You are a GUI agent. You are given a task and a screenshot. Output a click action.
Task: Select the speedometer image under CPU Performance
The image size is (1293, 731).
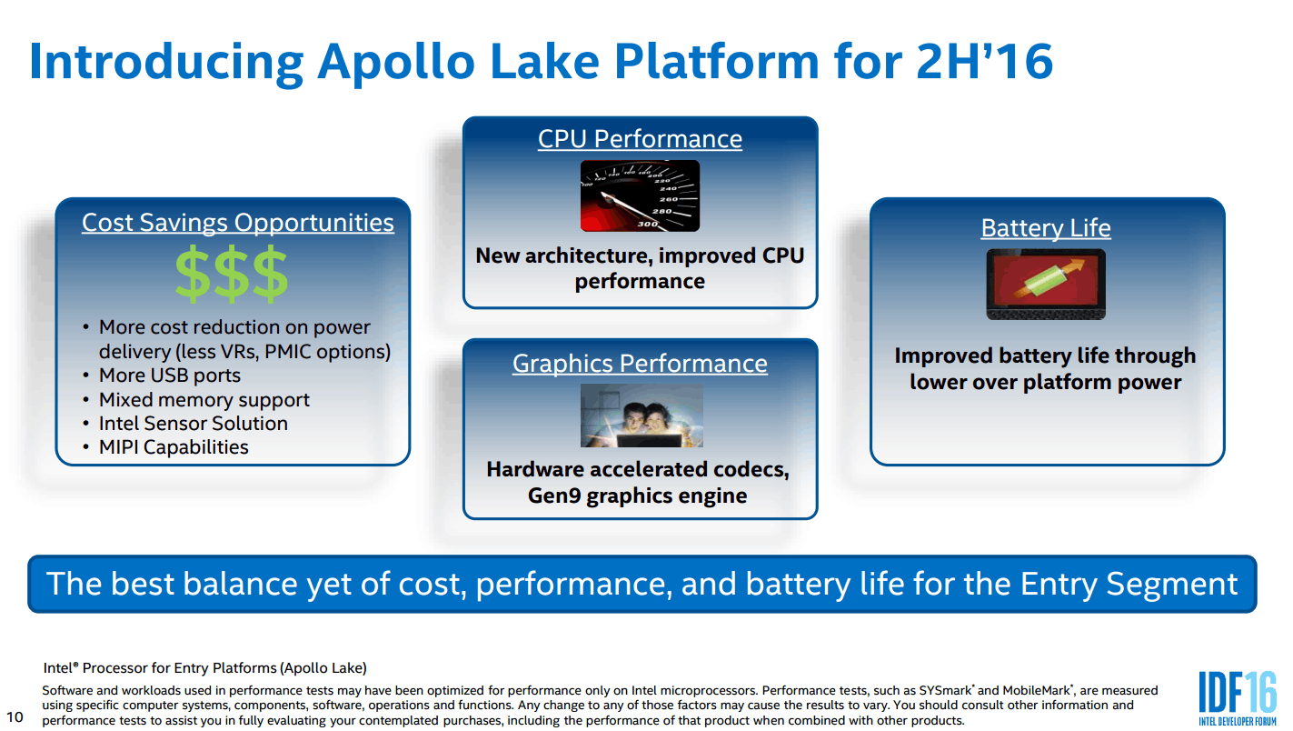[x=640, y=195]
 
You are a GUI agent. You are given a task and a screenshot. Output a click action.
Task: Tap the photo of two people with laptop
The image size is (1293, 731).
[x=642, y=416]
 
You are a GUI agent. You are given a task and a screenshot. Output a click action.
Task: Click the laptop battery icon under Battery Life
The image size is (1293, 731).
[x=1046, y=284]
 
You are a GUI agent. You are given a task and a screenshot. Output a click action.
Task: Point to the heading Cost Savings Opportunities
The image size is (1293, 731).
[x=238, y=223]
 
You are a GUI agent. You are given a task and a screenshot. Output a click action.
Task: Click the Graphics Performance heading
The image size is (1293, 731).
[x=640, y=364]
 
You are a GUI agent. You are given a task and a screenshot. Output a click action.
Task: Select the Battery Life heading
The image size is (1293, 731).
[x=1046, y=228]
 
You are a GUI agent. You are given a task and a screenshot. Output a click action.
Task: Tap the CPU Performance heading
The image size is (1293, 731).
[x=640, y=139]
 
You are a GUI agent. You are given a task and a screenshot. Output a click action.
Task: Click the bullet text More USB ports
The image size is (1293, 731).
[x=169, y=376]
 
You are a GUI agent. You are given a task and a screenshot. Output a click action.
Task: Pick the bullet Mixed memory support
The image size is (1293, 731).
[x=204, y=400]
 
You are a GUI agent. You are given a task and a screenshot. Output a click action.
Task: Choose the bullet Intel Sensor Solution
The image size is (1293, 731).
[x=193, y=424]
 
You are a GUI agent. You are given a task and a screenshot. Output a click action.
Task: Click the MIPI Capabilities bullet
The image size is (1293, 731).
[x=173, y=447]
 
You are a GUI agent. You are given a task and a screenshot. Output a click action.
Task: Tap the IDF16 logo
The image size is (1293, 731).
[x=1237, y=696]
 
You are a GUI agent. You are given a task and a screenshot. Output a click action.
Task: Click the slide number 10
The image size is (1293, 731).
[x=15, y=717]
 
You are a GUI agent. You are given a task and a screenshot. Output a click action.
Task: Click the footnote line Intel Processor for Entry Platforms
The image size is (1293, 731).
[x=204, y=668]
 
